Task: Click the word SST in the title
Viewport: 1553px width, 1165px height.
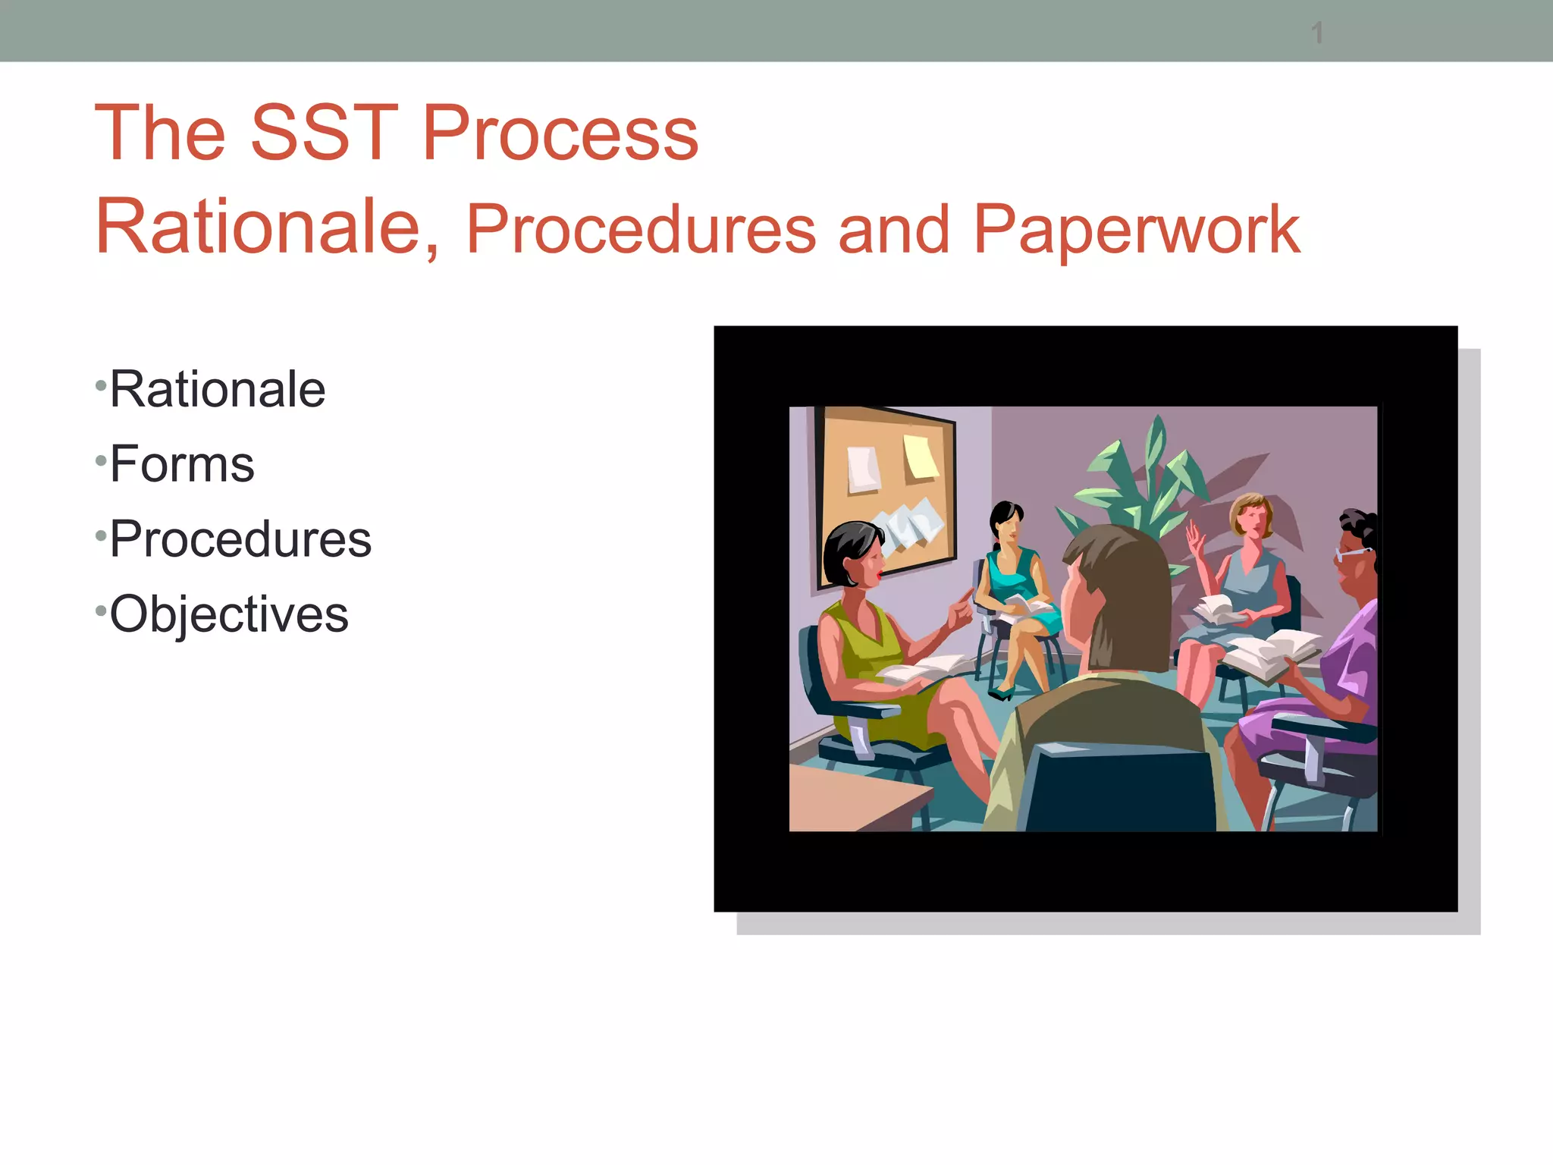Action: click(x=324, y=133)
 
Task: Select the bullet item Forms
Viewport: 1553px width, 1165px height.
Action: click(x=182, y=464)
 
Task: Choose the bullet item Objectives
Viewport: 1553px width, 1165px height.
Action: click(x=229, y=614)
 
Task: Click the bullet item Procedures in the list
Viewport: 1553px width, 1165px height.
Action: click(x=240, y=539)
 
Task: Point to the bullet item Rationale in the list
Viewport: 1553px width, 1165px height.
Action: click(x=218, y=390)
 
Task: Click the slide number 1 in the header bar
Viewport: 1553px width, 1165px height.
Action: click(x=1317, y=33)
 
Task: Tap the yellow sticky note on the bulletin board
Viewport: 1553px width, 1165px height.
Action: click(x=921, y=457)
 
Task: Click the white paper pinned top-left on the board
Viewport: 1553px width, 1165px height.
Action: click(x=863, y=469)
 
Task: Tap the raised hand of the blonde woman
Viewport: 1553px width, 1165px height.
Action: click(x=1197, y=539)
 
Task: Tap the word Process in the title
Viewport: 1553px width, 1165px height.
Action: click(x=560, y=133)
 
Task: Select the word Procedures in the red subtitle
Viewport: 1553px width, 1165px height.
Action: click(x=641, y=229)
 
